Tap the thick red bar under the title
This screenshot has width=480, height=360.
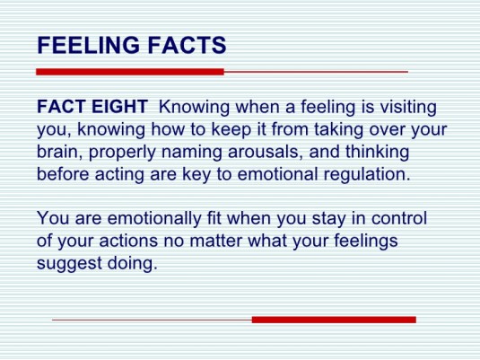click(129, 71)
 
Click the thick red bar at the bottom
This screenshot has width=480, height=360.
click(334, 319)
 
